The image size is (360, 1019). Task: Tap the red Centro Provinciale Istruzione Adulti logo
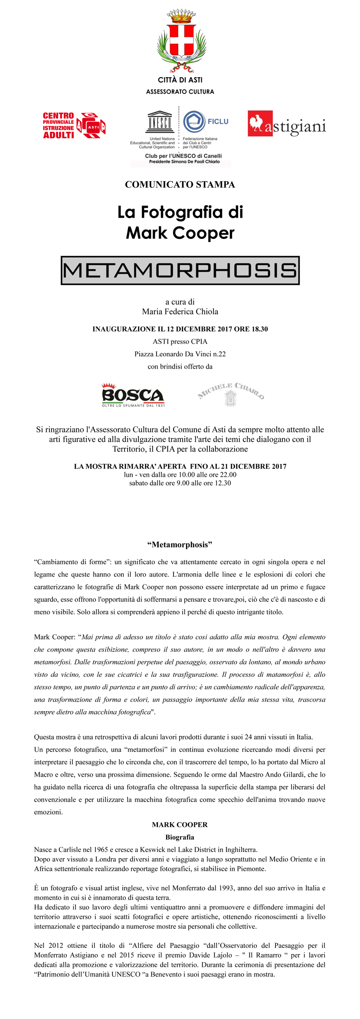coord(74,126)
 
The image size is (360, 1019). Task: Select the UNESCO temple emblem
coord(160,122)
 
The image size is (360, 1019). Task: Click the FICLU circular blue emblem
coord(194,121)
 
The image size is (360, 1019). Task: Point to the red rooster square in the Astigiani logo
coord(260,123)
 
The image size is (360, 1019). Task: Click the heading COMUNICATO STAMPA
coord(180,185)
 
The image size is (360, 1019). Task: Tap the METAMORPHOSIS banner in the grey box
coord(180,270)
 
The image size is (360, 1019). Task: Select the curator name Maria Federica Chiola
coord(180,311)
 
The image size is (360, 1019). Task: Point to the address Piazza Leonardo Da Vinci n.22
coord(180,354)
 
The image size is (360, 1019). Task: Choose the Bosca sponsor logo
coord(133,395)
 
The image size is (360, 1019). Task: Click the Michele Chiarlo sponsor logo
coord(231,394)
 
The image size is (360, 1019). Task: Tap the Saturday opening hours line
coord(180,483)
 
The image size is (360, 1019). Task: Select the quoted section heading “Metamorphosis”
coord(180,545)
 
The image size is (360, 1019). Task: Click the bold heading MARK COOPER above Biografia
coord(180,825)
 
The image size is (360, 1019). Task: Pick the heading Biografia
coord(180,837)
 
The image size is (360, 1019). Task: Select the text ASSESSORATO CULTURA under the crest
coord(180,92)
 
